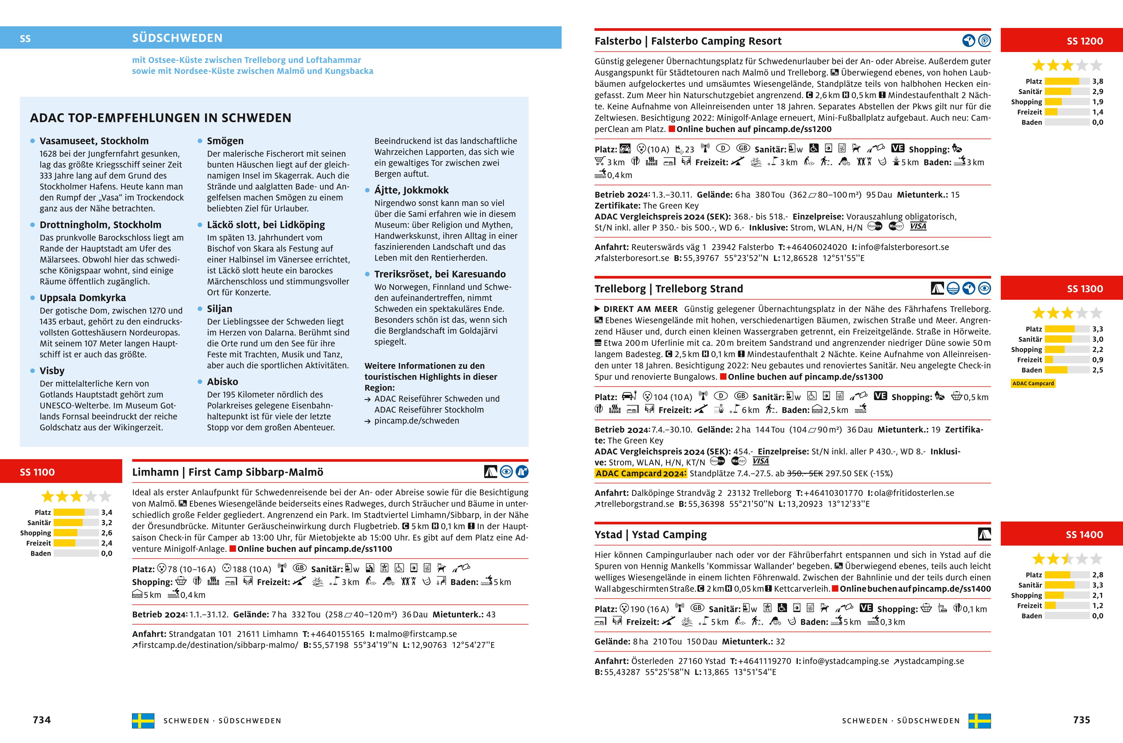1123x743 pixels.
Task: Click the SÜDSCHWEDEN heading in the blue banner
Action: (177, 38)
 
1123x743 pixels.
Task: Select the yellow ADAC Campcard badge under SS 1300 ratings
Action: (1033, 383)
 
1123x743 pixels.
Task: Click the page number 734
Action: (42, 720)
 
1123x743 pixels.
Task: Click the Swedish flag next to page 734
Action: (143, 721)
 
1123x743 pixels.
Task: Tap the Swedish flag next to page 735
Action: (980, 721)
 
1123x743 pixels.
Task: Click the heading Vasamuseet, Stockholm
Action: (94, 141)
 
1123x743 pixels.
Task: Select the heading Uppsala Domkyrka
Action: (83, 298)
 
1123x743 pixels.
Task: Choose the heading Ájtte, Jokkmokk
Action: (411, 190)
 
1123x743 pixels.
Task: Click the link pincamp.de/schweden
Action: (416, 421)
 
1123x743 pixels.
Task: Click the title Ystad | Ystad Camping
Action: (651, 534)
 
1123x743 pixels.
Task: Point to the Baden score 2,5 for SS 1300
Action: (1098, 370)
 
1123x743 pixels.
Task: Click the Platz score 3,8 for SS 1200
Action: (1098, 81)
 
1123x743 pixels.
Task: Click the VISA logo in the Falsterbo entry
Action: (918, 227)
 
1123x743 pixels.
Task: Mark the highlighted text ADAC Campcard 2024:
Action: (640, 473)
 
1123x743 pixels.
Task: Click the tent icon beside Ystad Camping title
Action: (984, 534)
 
